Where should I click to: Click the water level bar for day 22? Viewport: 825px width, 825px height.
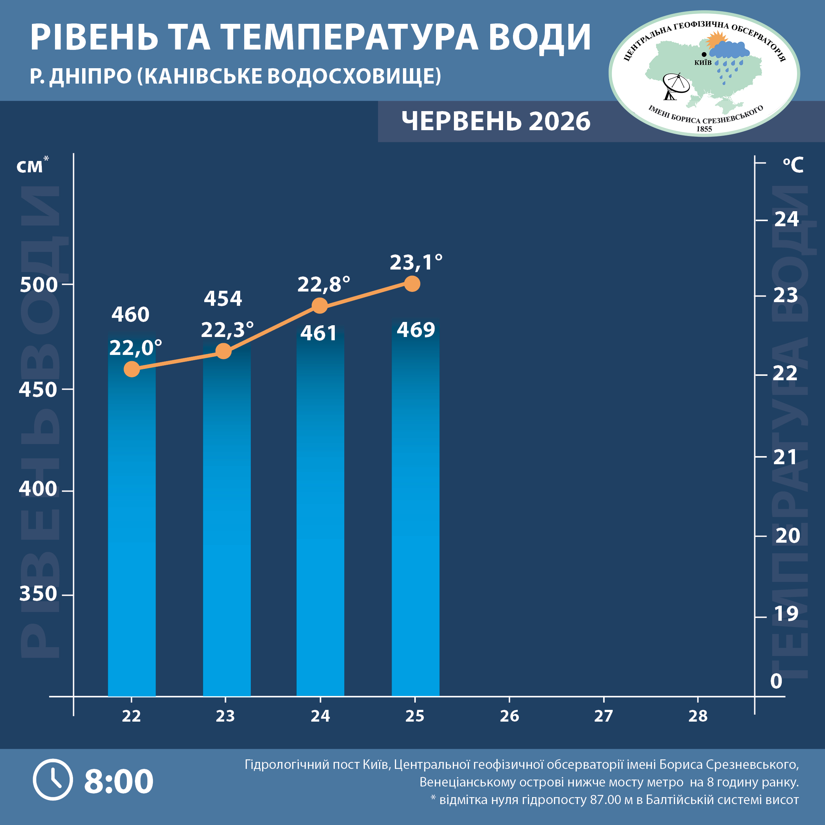132,514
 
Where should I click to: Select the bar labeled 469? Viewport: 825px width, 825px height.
415,508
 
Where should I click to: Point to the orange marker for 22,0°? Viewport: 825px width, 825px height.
132,369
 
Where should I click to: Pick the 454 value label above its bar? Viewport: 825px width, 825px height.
223,298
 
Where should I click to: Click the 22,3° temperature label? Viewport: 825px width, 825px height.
228,330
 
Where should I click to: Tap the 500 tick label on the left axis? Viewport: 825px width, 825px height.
38,285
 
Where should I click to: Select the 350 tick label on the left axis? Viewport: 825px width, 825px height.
38,594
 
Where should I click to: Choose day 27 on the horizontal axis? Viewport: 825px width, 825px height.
604,716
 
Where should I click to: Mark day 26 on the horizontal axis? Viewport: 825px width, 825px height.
509,716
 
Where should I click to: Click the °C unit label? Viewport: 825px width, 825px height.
793,165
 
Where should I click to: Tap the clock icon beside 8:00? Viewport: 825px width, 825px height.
53,780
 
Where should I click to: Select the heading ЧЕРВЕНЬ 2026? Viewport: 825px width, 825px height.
496,122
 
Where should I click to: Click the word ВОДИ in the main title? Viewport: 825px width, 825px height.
539,37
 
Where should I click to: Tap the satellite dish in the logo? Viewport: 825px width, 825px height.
675,86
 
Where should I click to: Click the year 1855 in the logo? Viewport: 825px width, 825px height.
704,129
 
